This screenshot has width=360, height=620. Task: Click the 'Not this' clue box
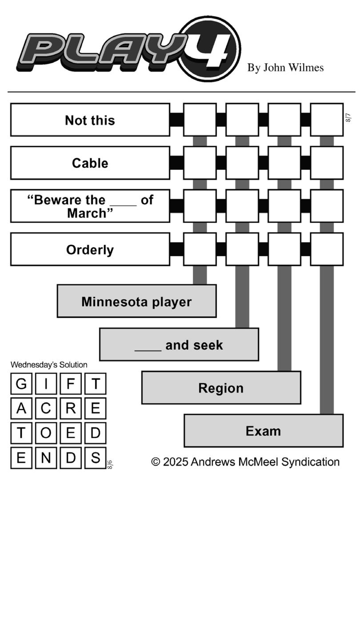tap(90, 120)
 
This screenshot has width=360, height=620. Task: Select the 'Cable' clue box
tap(90, 163)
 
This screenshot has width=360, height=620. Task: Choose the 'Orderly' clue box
tap(90, 250)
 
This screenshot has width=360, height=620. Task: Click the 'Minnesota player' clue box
tap(136, 301)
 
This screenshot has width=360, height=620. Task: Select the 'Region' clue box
tap(221, 388)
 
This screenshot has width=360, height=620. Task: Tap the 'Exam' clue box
tap(264, 431)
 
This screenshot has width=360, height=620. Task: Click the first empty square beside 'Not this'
tap(200, 120)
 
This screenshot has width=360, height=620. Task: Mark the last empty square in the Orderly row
tap(327, 250)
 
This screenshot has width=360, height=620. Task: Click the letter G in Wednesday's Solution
tap(21, 384)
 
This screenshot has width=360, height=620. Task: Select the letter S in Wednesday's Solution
tap(96, 458)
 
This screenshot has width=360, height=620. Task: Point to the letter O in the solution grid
tap(46, 433)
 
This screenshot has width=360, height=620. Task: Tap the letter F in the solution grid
tap(71, 384)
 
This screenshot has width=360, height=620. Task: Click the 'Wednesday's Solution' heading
tap(49, 365)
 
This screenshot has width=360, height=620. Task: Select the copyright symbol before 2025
tap(156, 462)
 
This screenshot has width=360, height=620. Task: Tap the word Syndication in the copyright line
tap(310, 462)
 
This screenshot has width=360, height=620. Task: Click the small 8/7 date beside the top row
tap(348, 117)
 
